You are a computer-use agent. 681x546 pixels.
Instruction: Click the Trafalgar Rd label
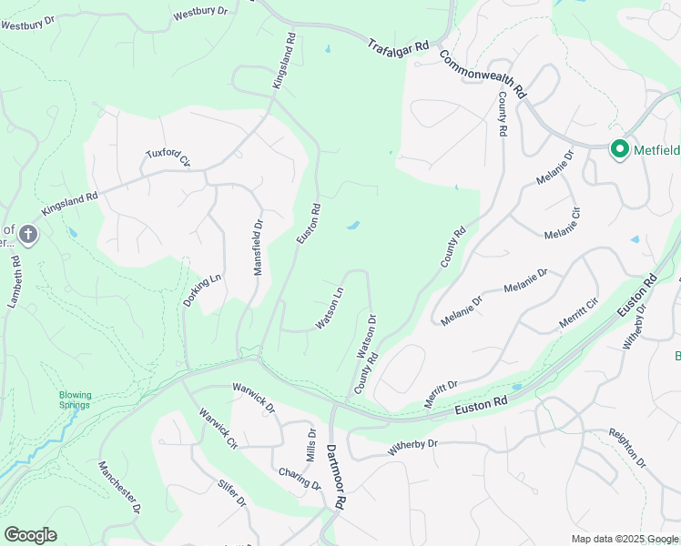click(x=398, y=45)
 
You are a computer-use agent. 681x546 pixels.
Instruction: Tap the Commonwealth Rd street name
click(x=483, y=74)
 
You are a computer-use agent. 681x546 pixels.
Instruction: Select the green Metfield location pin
click(x=620, y=148)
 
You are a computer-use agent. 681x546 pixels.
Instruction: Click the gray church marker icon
click(x=28, y=236)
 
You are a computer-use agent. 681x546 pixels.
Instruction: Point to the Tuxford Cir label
click(x=168, y=158)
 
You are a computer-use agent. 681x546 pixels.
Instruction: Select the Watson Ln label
click(x=330, y=308)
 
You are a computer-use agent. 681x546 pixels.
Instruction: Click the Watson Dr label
click(x=367, y=337)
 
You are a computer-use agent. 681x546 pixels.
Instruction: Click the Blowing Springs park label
click(x=76, y=400)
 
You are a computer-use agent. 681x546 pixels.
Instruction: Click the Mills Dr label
click(x=311, y=445)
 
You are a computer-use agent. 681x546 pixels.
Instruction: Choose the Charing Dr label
click(x=300, y=479)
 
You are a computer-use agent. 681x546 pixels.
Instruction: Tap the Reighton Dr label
click(x=626, y=449)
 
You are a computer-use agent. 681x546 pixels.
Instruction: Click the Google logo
click(x=30, y=535)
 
